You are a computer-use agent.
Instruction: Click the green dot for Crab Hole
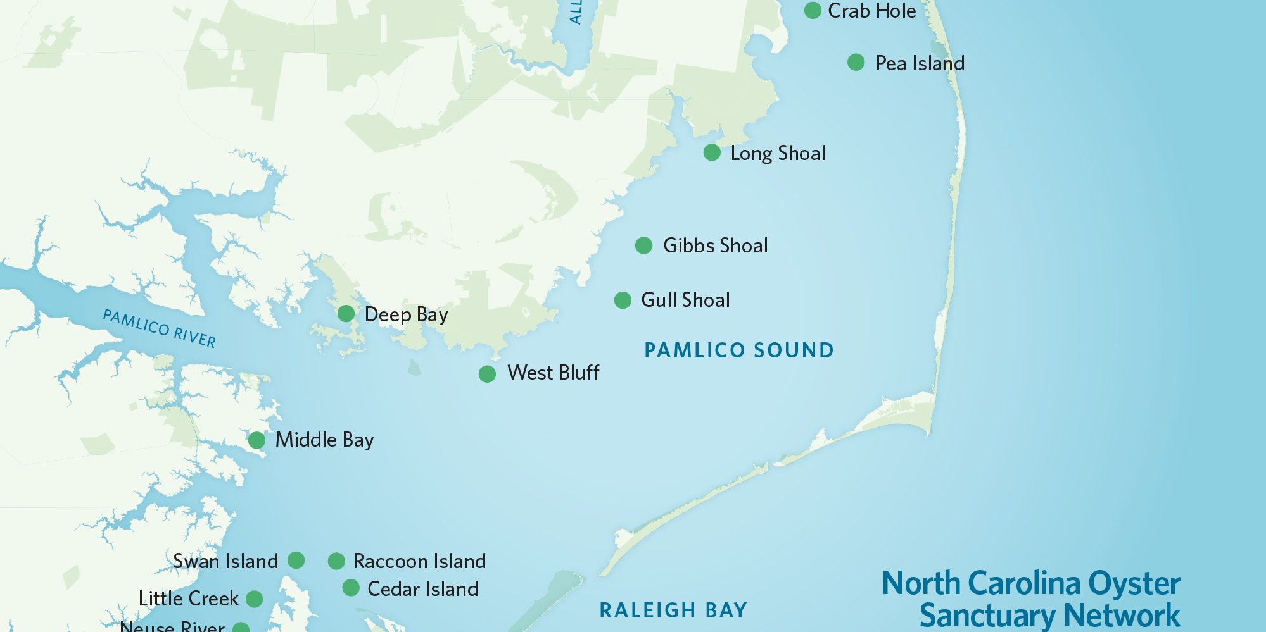click(x=813, y=10)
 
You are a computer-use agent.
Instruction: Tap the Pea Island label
click(x=920, y=63)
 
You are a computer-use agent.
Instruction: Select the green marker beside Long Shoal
click(x=712, y=152)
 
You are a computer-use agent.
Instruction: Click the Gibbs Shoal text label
click(x=715, y=245)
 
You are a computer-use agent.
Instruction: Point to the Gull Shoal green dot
click(x=623, y=300)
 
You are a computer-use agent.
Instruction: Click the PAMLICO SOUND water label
click(x=738, y=350)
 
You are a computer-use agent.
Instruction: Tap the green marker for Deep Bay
click(x=346, y=313)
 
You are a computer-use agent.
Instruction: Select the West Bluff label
click(x=553, y=373)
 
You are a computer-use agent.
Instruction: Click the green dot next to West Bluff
click(x=487, y=374)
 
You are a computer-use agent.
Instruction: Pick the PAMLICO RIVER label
click(x=160, y=328)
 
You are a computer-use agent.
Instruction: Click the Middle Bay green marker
click(x=256, y=440)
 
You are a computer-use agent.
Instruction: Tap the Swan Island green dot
click(x=296, y=560)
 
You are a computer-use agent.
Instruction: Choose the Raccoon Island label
click(x=419, y=561)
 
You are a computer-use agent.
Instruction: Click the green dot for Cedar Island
click(x=351, y=588)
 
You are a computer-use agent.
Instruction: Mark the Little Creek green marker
click(x=254, y=598)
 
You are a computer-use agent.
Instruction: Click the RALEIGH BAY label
click(x=673, y=610)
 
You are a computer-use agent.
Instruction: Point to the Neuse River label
click(x=172, y=626)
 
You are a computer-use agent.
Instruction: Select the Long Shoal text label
click(x=778, y=153)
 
